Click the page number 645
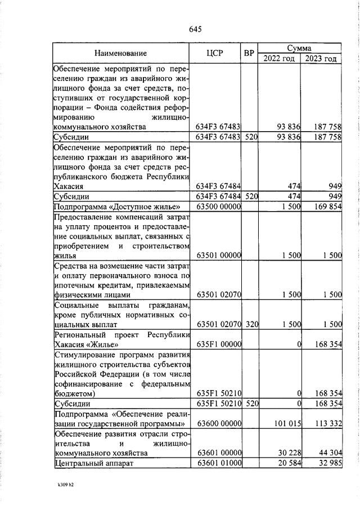pyautogui.click(x=195, y=29)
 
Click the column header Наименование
pyautogui.click(x=120, y=53)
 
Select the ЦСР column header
pyautogui.click(x=215, y=53)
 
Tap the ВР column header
pyautogui.click(x=249, y=53)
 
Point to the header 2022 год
pyautogui.click(x=279, y=59)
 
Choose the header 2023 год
pyautogui.click(x=321, y=59)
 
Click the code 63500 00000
pyautogui.click(x=219, y=207)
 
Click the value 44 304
pyautogui.click(x=328, y=453)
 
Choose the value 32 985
pyautogui.click(x=328, y=463)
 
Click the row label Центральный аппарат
pyautogui.click(x=96, y=463)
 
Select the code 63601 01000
pyautogui.click(x=219, y=463)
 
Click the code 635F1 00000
pyautogui.click(x=219, y=344)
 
